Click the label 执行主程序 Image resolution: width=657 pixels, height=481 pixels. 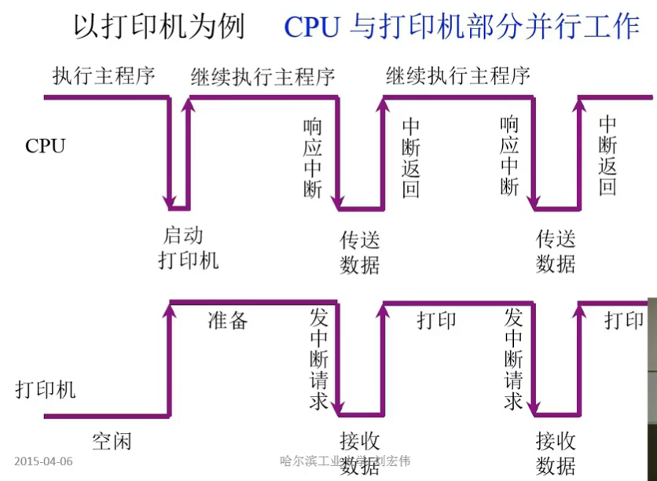105,76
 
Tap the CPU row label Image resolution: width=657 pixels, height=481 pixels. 45,146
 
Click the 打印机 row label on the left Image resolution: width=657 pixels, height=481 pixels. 46,389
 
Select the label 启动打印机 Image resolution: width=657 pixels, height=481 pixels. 189,248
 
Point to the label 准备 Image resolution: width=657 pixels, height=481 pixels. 228,320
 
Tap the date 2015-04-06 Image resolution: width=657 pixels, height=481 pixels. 43,461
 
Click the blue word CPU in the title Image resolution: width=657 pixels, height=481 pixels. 312,28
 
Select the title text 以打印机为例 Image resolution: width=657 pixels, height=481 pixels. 159,27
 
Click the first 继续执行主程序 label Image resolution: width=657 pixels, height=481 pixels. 263,76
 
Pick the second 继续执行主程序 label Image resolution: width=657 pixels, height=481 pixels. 458,76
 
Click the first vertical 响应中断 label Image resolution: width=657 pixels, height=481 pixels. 313,157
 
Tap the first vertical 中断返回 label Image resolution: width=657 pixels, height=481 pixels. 410,157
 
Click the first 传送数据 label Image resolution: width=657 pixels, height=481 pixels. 360,251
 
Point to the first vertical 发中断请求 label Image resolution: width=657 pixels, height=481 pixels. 318,358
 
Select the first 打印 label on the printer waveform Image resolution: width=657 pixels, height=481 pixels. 436,321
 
